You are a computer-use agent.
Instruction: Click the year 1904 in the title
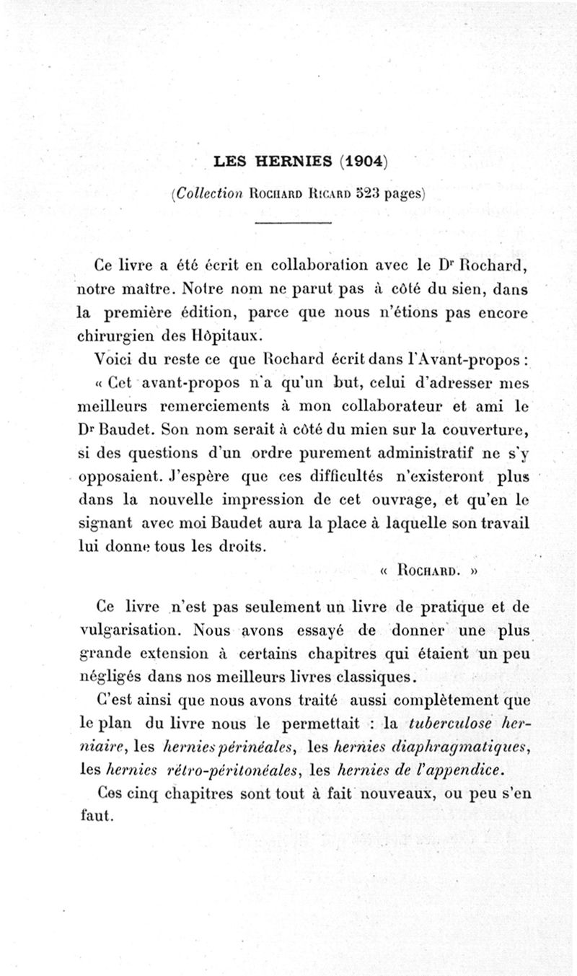coord(365,162)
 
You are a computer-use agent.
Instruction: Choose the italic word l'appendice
coord(461,769)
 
